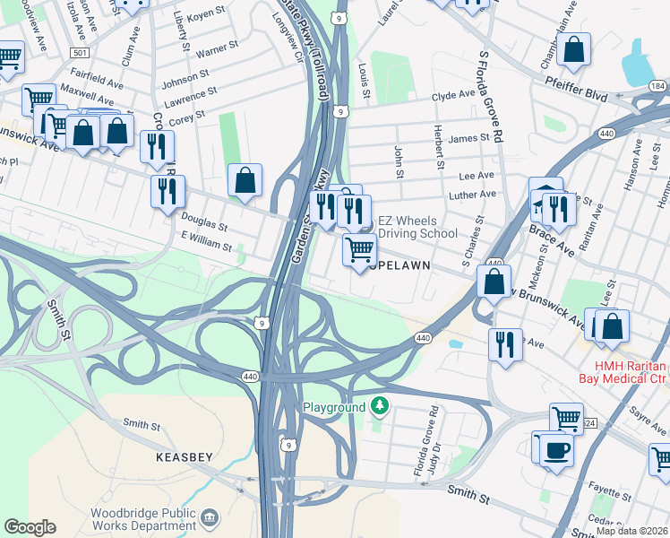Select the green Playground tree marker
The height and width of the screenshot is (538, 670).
pyautogui.click(x=380, y=406)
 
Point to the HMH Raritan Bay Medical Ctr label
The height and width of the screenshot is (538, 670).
pyautogui.click(x=631, y=372)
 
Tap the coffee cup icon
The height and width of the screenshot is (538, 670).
pyautogui.click(x=557, y=449)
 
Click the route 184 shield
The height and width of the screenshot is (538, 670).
pyautogui.click(x=658, y=85)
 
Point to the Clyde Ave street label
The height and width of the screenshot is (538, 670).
pyautogui.click(x=453, y=95)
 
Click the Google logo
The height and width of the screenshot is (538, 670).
pyautogui.click(x=30, y=527)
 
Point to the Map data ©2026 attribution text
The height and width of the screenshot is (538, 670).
pyautogui.click(x=632, y=531)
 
